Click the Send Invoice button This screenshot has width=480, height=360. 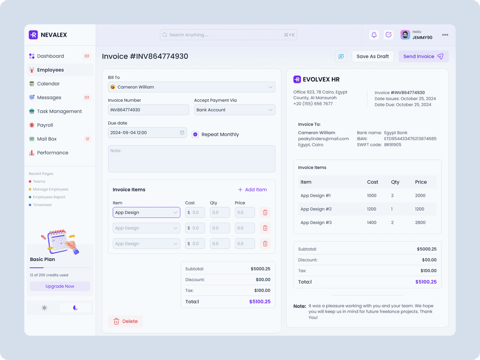point(423,56)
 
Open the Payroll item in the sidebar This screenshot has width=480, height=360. point(45,125)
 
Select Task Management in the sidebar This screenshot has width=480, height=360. point(59,112)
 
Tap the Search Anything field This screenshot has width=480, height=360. point(228,35)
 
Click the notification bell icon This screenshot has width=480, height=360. point(374,35)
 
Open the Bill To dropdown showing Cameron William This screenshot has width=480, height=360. point(191,87)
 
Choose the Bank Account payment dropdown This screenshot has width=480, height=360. point(234,110)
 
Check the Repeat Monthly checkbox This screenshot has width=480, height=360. point(195,135)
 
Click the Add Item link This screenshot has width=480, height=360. point(252,190)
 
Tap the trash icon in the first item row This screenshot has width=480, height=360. point(265,212)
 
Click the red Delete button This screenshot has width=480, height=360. point(125,321)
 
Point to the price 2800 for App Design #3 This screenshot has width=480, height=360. point(420,223)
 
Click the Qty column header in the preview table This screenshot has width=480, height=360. point(395,182)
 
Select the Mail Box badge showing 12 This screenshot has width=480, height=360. point(87,139)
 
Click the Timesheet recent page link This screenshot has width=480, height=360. point(42,205)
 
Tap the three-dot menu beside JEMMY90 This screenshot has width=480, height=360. point(445,35)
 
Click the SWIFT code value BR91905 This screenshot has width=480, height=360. point(393,145)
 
